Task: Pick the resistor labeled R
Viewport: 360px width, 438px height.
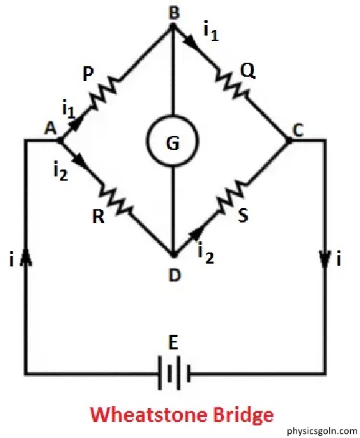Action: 117,199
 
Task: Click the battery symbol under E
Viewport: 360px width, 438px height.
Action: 174,372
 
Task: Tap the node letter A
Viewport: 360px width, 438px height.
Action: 50,129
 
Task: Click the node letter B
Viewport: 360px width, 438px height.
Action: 174,13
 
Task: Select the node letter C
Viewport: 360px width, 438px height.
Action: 298,130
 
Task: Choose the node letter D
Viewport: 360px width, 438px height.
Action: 175,275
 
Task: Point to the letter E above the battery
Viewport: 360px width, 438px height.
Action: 174,343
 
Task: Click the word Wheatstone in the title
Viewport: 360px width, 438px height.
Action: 147,414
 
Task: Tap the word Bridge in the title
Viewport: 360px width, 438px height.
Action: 242,416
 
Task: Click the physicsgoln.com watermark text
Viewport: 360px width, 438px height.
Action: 322,430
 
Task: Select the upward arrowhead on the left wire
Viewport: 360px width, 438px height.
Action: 27,257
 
